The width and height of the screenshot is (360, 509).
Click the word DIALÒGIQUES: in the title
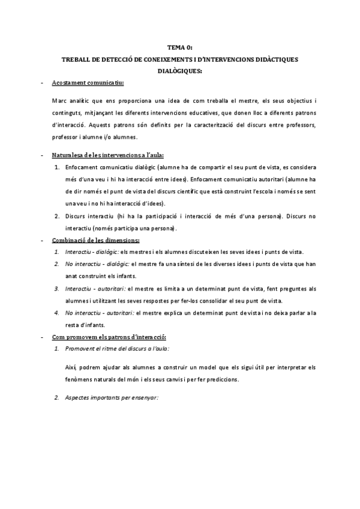click(x=180, y=71)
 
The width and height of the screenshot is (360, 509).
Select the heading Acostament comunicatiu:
click(x=88, y=83)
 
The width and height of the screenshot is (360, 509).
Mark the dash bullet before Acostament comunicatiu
click(x=41, y=83)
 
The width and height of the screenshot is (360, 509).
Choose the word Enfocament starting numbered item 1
click(x=82, y=167)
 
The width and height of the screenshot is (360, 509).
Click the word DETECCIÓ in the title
click(x=112, y=59)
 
